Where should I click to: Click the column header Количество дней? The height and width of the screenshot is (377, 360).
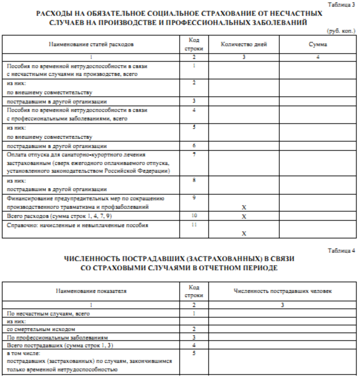[244, 45]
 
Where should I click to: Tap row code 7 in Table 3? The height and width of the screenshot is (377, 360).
[194, 154]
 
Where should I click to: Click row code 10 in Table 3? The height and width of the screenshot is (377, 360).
[194, 215]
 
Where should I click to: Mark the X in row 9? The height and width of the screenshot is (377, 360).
[244, 207]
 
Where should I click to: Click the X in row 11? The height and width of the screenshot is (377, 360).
[244, 233]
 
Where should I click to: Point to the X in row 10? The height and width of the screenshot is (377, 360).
[244, 216]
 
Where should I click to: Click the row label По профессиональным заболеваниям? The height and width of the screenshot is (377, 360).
[57, 337]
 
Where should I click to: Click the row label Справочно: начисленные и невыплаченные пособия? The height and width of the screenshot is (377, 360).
[78, 225]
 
